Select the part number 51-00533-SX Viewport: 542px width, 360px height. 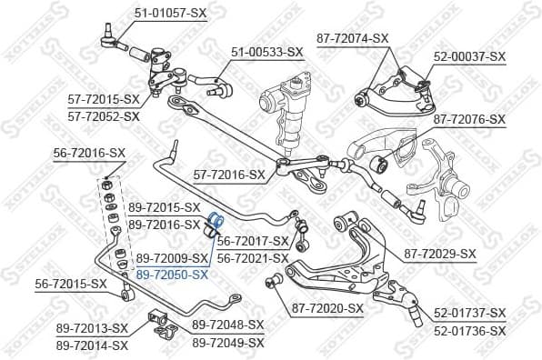point(266,52)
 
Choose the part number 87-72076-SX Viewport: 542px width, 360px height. point(468,119)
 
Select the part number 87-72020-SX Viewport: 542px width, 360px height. point(327,308)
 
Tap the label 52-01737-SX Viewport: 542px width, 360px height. point(468,313)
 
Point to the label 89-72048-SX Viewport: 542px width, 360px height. point(227,325)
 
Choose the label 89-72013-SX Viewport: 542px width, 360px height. point(92,328)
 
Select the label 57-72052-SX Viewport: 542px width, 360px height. point(104,116)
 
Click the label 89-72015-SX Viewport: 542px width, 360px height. point(164,207)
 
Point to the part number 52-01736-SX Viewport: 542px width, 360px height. point(468,332)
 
